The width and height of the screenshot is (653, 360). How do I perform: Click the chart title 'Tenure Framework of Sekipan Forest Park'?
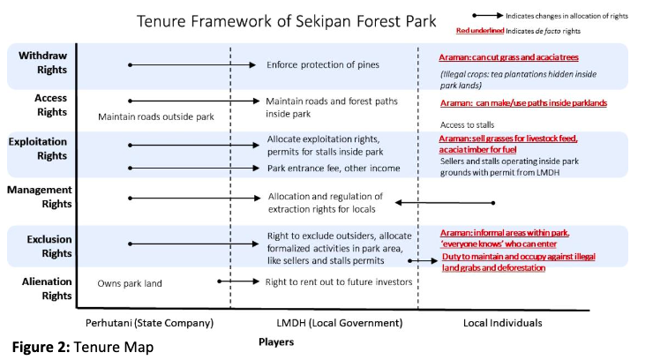287,21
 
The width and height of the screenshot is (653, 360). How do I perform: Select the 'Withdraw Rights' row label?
42,63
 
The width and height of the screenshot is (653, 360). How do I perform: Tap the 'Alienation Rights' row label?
47,289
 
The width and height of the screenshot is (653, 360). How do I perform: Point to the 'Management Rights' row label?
40,197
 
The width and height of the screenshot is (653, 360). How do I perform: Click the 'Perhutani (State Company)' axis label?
149,323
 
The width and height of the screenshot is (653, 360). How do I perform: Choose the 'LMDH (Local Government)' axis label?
340,323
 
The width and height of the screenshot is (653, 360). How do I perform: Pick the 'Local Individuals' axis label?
503,323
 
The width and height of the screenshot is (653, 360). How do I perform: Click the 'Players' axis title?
276,342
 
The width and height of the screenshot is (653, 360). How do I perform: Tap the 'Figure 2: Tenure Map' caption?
83,347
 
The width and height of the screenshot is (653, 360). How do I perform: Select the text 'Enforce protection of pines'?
323,65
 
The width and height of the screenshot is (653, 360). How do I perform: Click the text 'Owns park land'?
130,283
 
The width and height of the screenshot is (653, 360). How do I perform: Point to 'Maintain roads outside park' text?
156,117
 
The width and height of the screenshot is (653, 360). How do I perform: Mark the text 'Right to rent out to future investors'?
339,282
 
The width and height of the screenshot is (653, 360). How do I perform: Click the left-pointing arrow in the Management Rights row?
445,203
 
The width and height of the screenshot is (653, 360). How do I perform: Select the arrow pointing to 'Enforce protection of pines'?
192,65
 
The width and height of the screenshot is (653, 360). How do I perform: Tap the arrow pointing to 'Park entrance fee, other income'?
193,169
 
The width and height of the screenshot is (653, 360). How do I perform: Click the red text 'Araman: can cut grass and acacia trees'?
508,57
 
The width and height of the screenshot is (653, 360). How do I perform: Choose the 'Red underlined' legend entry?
480,30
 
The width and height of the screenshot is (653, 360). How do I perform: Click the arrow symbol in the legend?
488,16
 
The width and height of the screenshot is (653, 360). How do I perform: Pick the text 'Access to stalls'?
468,125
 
